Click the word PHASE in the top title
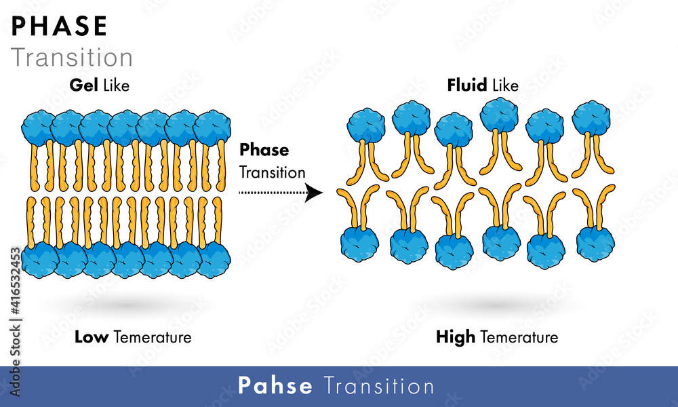[x=60, y=26]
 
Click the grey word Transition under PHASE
[x=72, y=58]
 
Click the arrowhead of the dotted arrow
[x=314, y=193]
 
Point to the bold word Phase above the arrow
[x=264, y=150]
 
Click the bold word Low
[x=92, y=336]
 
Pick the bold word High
[x=456, y=336]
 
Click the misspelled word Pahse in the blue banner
[x=275, y=386]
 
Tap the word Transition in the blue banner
[x=379, y=386]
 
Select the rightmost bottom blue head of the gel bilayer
[x=214, y=260]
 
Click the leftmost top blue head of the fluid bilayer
[x=366, y=125]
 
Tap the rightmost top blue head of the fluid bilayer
[x=591, y=118]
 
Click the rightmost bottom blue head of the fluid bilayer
[x=595, y=241]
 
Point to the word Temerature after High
[x=519, y=336]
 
